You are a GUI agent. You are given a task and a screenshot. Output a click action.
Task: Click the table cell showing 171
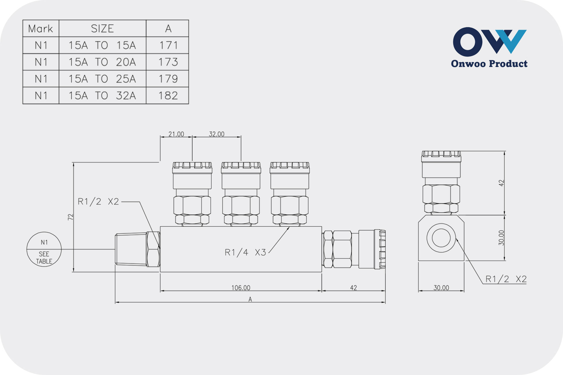point(167,45)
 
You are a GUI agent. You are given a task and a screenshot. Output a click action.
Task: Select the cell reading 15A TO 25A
point(102,79)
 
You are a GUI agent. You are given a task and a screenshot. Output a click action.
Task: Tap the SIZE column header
point(102,29)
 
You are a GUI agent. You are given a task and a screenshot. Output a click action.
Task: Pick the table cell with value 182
point(167,95)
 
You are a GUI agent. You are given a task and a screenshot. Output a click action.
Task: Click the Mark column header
point(41,29)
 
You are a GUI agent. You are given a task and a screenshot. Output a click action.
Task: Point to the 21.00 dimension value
point(176,134)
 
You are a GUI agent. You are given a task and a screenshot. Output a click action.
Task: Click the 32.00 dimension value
point(217,134)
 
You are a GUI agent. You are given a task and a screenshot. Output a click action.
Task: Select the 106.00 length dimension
point(241,288)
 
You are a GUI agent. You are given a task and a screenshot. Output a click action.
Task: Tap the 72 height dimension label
point(70,217)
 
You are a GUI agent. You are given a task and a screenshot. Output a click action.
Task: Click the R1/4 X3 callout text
point(245,252)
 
